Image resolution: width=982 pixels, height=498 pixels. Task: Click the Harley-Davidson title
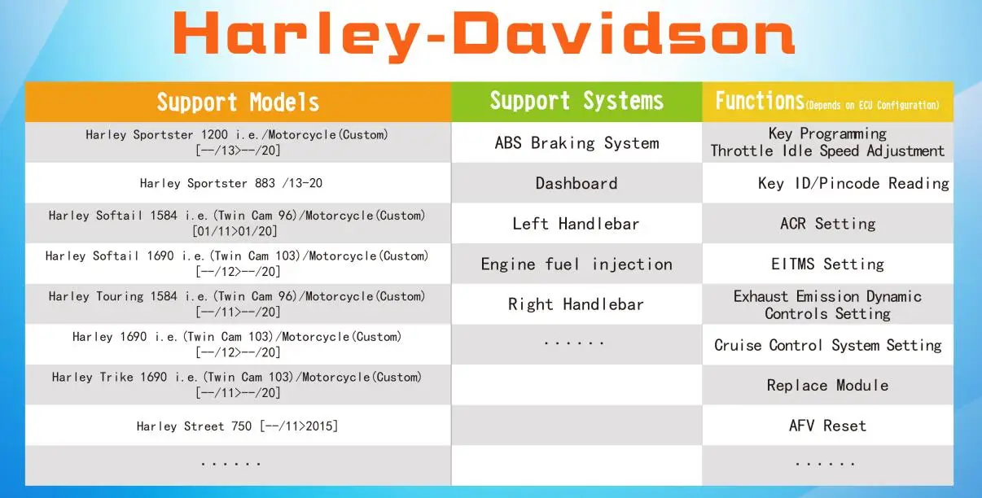tap(484, 36)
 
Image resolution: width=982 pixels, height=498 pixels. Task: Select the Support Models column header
tap(238, 103)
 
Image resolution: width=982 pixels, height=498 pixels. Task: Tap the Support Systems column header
tap(576, 101)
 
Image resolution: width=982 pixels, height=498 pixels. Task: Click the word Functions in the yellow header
tap(760, 101)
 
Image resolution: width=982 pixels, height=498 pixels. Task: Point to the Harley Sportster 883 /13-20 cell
tap(231, 183)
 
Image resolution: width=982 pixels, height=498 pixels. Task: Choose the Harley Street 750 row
tap(237, 426)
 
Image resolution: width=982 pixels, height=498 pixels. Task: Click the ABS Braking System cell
tap(577, 143)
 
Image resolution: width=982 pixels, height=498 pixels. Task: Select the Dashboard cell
tap(576, 184)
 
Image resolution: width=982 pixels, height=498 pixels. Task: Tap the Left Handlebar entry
tap(576, 224)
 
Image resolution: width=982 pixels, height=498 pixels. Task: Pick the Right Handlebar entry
tap(576, 304)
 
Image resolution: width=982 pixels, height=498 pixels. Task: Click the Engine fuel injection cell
tap(576, 264)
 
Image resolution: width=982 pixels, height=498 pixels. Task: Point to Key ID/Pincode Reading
tap(853, 184)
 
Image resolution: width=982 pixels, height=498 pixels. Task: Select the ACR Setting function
tap(827, 224)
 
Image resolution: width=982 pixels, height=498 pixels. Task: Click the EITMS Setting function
tap(827, 264)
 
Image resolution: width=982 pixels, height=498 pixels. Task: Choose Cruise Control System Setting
tap(827, 345)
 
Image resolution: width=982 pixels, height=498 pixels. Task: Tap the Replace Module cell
tap(827, 386)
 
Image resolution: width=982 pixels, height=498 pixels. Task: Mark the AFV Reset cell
tap(827, 426)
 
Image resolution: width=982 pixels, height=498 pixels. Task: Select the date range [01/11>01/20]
tap(235, 231)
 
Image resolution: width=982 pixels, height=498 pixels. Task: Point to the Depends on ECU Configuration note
tap(872, 105)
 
